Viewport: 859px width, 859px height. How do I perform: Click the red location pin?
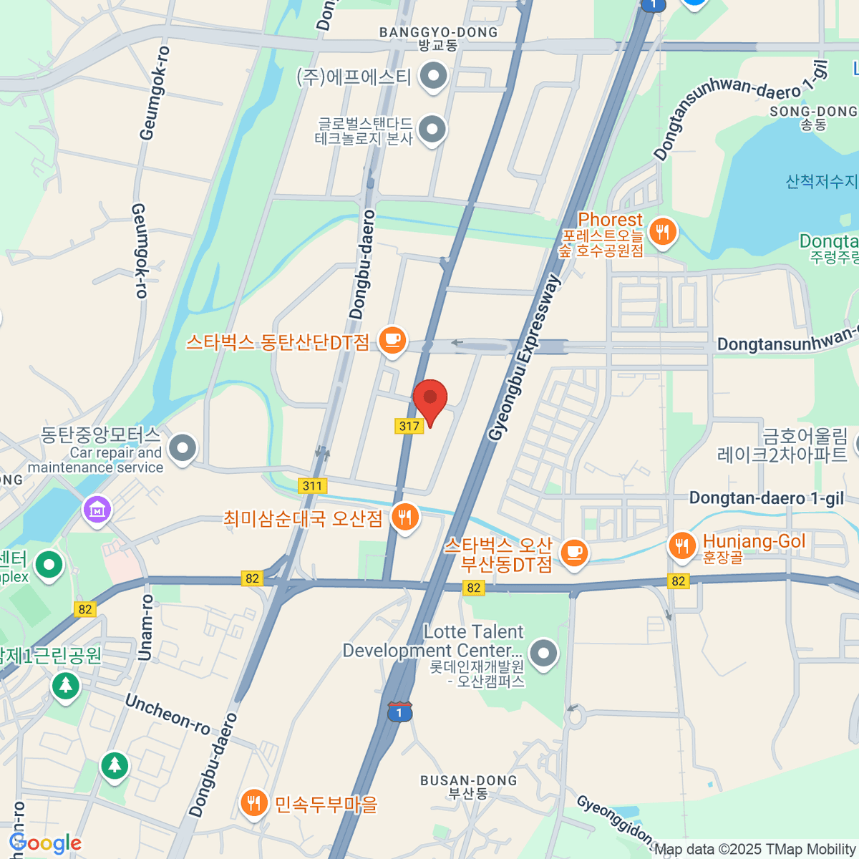click(430, 399)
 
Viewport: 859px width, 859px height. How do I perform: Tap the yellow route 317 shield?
click(409, 426)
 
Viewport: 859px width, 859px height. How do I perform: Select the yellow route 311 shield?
click(312, 486)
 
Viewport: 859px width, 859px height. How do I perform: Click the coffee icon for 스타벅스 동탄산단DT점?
click(392, 339)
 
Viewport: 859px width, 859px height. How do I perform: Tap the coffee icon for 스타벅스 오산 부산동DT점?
click(573, 553)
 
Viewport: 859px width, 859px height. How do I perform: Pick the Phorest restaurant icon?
click(663, 232)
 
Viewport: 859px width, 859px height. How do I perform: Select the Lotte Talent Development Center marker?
click(544, 653)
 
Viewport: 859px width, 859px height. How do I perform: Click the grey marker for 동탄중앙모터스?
click(183, 448)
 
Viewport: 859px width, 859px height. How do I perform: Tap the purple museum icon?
click(97, 510)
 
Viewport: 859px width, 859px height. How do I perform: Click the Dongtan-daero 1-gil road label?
click(766, 498)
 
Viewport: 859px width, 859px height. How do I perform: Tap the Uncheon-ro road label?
click(168, 714)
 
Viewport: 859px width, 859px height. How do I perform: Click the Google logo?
click(45, 843)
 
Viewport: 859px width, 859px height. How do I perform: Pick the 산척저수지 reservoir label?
click(821, 182)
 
